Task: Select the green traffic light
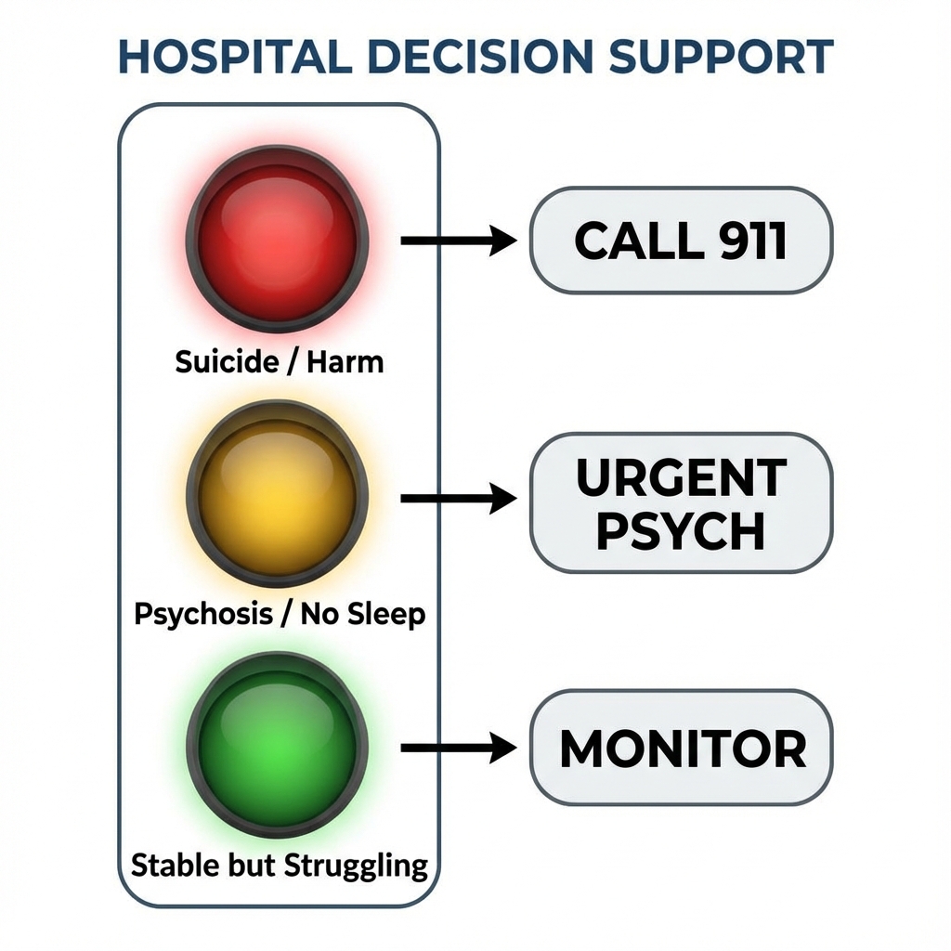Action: pyautogui.click(x=277, y=744)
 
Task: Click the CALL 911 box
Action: pyautogui.click(x=681, y=241)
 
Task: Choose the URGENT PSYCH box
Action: pyautogui.click(x=681, y=502)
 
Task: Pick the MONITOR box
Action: pyautogui.click(x=681, y=748)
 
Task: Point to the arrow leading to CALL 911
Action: pyautogui.click(x=457, y=241)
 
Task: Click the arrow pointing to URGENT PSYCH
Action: pyautogui.click(x=457, y=499)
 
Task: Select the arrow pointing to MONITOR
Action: pyautogui.click(x=457, y=747)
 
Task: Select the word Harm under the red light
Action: pyautogui.click(x=346, y=360)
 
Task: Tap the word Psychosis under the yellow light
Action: pyautogui.click(x=202, y=614)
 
